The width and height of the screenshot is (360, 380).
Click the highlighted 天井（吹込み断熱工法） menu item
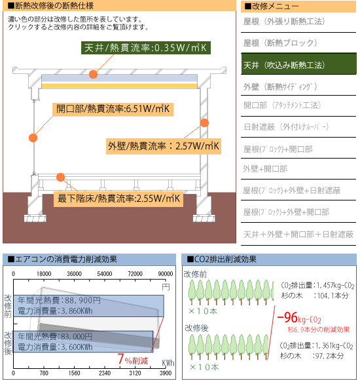pos(298,64)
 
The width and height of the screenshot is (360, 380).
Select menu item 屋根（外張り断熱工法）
pos(284,22)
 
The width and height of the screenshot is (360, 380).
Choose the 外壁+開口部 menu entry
pos(265,168)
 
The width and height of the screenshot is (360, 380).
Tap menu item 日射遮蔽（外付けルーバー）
pos(286,126)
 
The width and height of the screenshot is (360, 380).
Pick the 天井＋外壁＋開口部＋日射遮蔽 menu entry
pos(298,234)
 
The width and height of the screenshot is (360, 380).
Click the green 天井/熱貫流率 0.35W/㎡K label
pos(146,48)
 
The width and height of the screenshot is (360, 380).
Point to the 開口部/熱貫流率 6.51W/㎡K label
pos(113,109)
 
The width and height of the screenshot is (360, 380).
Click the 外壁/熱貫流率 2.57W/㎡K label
pos(164,146)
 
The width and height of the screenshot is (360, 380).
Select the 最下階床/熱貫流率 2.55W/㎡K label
pos(118,199)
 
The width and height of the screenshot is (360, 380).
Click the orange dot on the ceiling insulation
pos(93,74)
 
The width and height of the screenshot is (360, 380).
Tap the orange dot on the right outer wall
pos(205,123)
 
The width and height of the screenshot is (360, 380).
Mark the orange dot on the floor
pos(60,177)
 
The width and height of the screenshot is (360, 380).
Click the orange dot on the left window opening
pos(33,138)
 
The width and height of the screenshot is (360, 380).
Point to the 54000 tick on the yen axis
pos(105,274)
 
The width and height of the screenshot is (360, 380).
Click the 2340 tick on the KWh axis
pos(105,373)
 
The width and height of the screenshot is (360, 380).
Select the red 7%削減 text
pos(133,360)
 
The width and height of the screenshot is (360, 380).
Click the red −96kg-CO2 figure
pos(299,318)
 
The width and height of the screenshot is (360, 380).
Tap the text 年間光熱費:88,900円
pos(59,301)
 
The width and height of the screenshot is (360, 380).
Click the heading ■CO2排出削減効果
pos(221,259)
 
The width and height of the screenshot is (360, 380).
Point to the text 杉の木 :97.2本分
pos(312,356)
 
